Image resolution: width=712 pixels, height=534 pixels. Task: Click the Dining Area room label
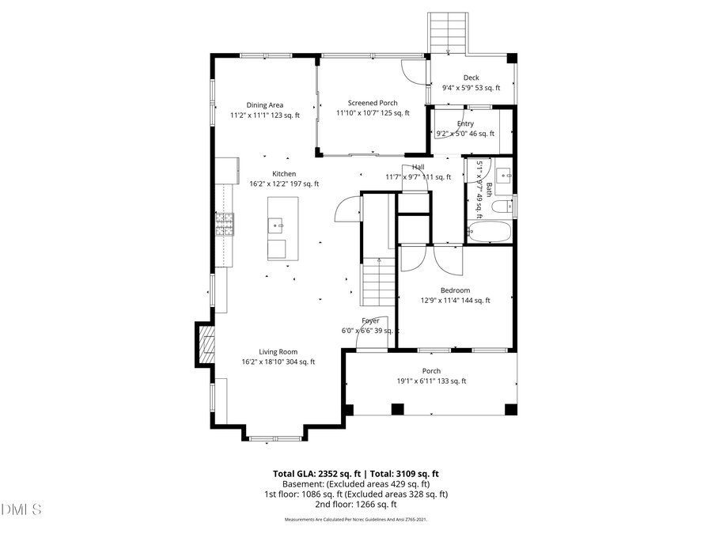264,104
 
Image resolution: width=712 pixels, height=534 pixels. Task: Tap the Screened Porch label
373,103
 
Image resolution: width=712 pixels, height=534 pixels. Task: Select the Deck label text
471,78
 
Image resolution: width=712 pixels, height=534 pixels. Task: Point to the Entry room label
465,123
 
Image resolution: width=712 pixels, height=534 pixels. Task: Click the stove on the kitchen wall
225,225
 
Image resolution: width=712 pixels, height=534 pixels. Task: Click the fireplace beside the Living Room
206,343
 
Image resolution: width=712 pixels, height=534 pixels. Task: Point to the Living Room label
278,352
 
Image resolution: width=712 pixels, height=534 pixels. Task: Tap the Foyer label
370,320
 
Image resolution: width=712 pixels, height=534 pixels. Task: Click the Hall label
418,167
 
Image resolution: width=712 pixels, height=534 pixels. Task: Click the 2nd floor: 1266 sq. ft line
356,504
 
